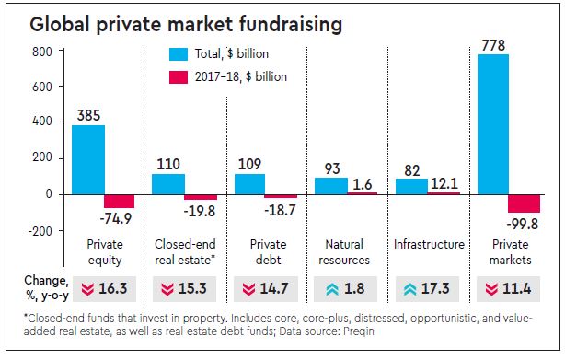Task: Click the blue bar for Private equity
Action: point(87,159)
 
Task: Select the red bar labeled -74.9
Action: point(119,201)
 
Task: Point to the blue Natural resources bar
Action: point(331,185)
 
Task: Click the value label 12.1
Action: point(446,184)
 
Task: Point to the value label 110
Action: point(167,163)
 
